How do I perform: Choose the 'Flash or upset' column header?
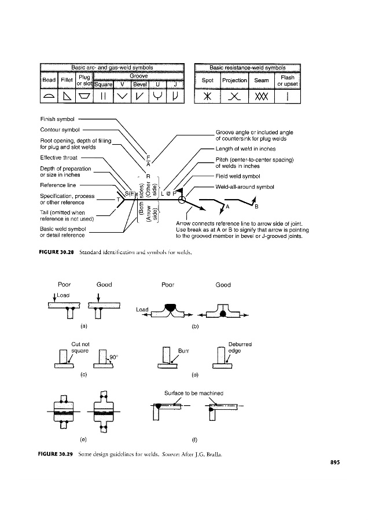[288, 80]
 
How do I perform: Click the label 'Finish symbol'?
[55, 119]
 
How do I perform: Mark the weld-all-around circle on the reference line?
[182, 200]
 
